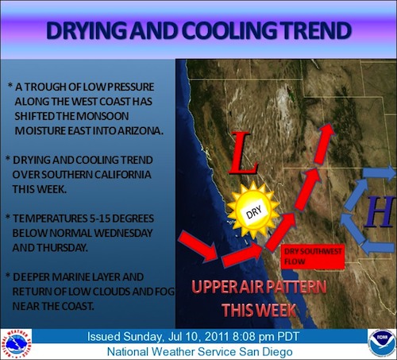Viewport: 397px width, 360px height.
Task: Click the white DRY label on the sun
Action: (254, 212)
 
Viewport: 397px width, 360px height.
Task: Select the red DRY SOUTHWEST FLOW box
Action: (312, 257)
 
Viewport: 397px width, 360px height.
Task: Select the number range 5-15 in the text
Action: (96, 219)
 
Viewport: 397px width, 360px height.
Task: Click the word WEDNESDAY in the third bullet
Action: (123, 233)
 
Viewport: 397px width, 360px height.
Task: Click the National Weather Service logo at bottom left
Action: (16, 344)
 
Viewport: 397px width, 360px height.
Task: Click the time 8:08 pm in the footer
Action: (253, 337)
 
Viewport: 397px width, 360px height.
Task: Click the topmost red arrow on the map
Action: (324, 143)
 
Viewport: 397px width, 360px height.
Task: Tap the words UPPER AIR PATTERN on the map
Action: (259, 287)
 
